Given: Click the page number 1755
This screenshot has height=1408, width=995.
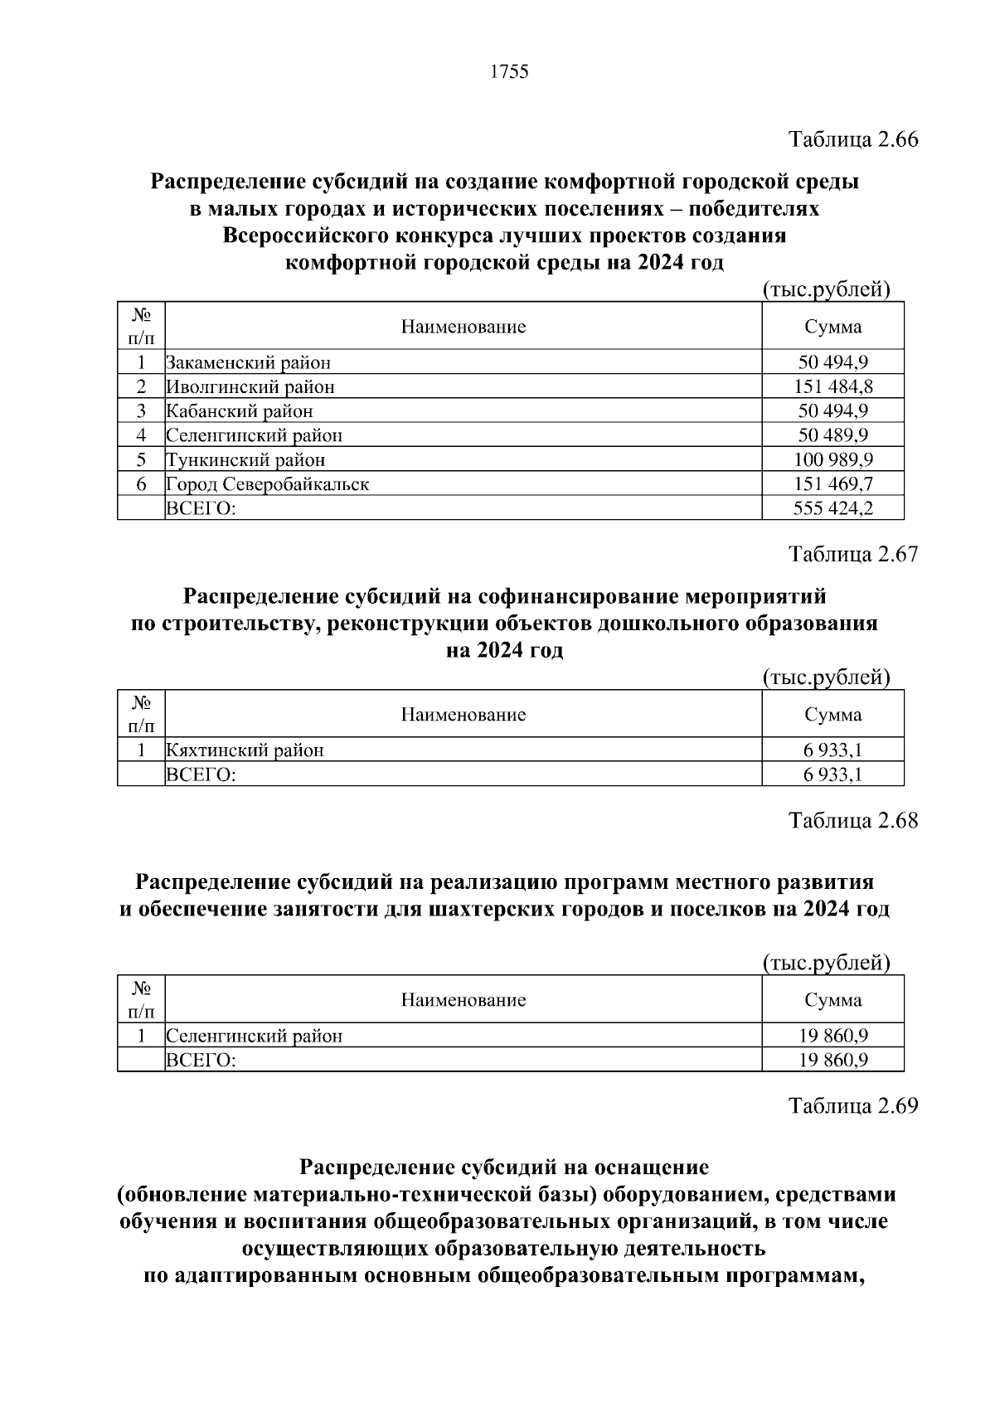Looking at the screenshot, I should click(x=509, y=72).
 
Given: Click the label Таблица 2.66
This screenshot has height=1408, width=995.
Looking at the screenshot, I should click(x=853, y=139).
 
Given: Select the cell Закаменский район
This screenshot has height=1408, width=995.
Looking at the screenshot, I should click(x=248, y=362).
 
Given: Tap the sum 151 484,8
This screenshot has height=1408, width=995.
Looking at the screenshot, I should click(x=832, y=386).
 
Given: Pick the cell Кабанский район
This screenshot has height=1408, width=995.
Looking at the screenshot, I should click(x=240, y=410).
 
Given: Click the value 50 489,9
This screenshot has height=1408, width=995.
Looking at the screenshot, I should click(x=832, y=435).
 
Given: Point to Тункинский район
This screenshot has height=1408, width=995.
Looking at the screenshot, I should click(x=245, y=459).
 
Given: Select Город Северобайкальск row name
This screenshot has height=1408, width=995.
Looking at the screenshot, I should click(x=267, y=483).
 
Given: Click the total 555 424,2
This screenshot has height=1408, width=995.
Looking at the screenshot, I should click(x=832, y=507).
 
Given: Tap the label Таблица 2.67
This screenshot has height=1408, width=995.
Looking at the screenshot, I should click(x=853, y=554).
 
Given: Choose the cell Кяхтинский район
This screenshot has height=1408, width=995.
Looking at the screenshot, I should click(x=245, y=750).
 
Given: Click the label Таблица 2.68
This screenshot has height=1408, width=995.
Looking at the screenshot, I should click(x=853, y=820).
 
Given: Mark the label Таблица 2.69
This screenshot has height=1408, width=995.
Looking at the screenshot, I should click(x=853, y=1105).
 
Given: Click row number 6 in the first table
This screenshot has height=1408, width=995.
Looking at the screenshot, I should click(x=141, y=483).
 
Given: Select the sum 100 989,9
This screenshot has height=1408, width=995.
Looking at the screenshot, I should click(x=832, y=459).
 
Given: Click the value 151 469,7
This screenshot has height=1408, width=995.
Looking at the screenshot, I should click(x=832, y=483).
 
